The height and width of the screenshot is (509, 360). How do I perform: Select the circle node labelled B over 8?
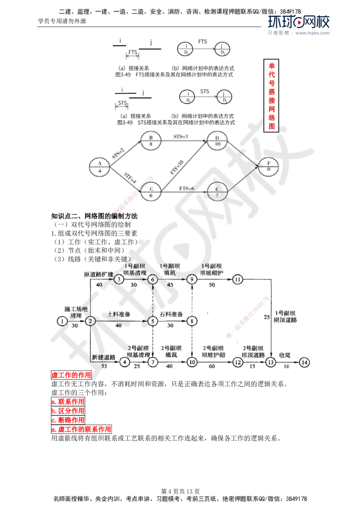[151, 140]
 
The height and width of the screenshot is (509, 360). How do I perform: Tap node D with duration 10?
[218, 140]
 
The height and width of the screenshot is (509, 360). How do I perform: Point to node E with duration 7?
[218, 192]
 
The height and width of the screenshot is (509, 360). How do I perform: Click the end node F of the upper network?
[269, 166]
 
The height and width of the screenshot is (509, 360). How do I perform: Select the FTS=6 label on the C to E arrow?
[187, 188]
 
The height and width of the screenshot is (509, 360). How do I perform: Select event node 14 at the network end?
[305, 362]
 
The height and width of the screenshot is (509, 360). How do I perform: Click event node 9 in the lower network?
[192, 279]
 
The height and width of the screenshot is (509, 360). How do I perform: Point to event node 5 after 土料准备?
[153, 321]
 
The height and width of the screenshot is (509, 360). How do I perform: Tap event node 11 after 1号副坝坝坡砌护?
[238, 279]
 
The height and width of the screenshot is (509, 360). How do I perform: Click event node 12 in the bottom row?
[238, 362]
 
